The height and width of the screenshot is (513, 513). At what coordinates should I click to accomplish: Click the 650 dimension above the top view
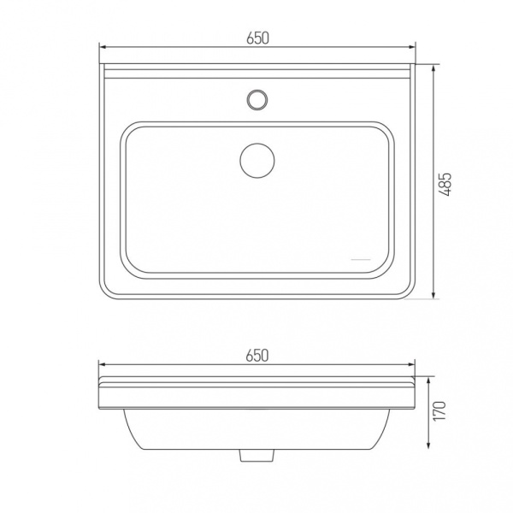click(x=258, y=38)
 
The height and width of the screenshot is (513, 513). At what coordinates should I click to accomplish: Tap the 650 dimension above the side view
click(x=257, y=356)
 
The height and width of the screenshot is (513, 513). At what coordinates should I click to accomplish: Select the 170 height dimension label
click(x=439, y=411)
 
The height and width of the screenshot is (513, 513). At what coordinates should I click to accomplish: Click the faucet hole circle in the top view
click(x=257, y=99)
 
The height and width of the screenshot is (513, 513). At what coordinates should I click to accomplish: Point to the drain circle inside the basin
click(x=257, y=161)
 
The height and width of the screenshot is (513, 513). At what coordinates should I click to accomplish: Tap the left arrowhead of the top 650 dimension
click(x=103, y=47)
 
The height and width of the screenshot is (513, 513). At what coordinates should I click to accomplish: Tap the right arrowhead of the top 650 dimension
click(x=411, y=47)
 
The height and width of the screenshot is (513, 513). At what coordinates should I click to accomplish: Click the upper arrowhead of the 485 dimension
click(x=433, y=69)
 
